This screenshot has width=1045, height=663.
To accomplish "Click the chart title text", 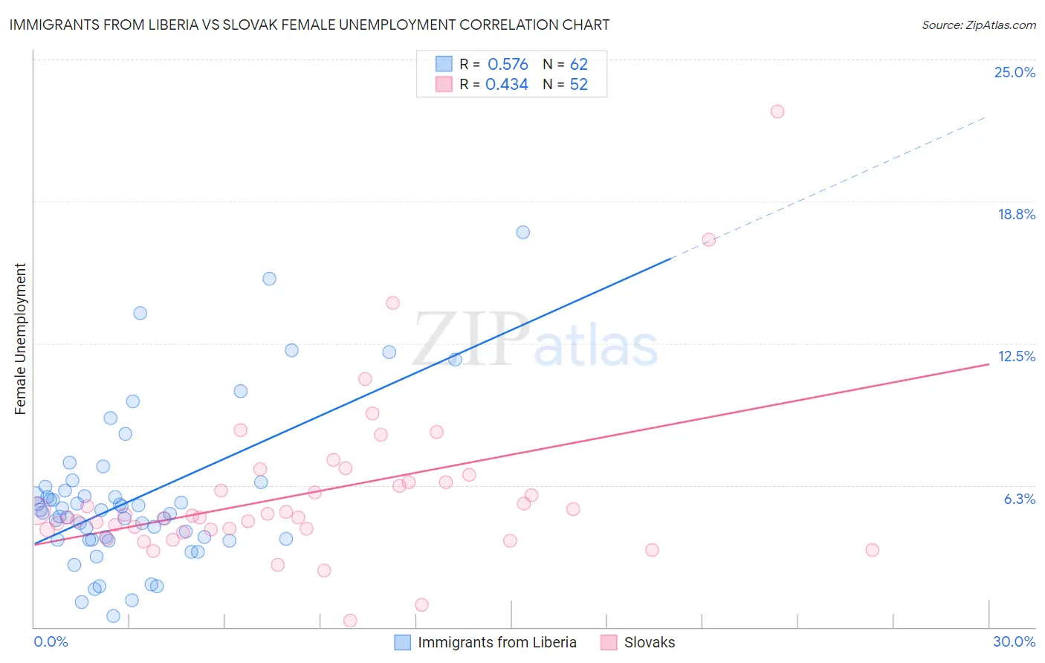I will [309, 25].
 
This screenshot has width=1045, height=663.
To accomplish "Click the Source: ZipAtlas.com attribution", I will [978, 25].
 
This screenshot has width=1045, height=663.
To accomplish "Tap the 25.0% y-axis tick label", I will [1015, 72].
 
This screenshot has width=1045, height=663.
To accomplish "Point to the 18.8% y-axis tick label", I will [1016, 214].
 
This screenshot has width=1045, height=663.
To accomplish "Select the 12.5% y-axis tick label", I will [1016, 356].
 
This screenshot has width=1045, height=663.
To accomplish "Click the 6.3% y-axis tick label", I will [1019, 499].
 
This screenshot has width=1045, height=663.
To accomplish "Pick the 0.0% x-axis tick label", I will [51, 641].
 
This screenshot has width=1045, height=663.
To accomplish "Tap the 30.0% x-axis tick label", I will [1014, 641].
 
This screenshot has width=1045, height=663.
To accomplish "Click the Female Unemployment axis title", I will [20, 339].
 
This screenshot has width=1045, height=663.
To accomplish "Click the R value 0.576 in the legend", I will [508, 65].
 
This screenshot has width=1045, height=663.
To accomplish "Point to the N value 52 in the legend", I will [578, 85].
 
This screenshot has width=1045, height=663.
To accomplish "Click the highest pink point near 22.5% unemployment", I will [777, 111].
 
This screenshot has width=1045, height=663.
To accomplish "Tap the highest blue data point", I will [523, 232].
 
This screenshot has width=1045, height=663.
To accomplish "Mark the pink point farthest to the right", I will [873, 550].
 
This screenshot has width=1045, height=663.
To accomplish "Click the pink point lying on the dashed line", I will [709, 239].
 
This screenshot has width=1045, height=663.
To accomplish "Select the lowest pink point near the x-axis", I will [350, 621].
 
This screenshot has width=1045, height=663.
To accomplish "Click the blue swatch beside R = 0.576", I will [444, 65].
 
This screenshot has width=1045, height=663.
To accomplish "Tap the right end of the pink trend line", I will [989, 364].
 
